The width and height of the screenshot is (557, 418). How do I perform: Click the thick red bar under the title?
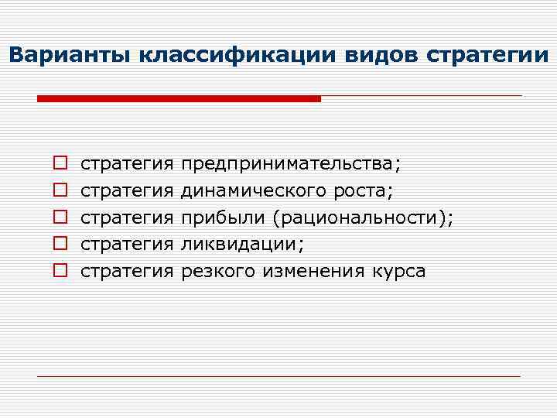pos(179,99)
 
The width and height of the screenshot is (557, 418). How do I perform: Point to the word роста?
pos(370,190)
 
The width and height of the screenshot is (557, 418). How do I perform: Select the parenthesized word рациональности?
pos(361,218)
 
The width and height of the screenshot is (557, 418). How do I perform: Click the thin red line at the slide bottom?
pos(278,376)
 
